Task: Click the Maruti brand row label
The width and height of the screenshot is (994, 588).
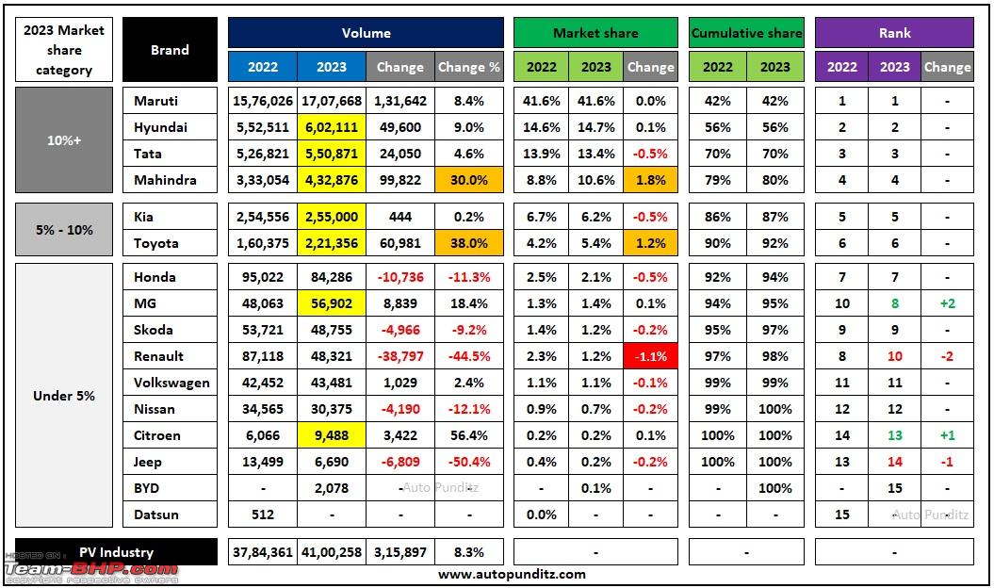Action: [156, 101]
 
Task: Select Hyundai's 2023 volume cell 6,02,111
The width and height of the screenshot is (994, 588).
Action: [332, 127]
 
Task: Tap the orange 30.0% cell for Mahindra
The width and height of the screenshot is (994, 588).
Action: [469, 180]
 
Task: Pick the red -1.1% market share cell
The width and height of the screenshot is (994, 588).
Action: [650, 356]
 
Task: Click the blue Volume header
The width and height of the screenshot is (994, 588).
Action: [366, 33]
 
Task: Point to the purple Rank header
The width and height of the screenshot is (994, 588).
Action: [894, 33]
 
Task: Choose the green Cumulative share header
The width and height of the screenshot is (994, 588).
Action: [746, 33]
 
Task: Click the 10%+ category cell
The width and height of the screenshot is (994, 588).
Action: [64, 140]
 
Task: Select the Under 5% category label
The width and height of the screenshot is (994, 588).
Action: [64, 396]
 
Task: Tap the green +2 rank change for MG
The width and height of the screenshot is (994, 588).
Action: [947, 303]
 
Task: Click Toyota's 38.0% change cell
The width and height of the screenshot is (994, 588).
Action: [469, 243]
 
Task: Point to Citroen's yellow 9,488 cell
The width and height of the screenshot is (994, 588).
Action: [332, 435]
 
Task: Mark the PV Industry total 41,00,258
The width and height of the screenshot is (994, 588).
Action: [332, 552]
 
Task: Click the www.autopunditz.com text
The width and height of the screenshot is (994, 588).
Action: [512, 574]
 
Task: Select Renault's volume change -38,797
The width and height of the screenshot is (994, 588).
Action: [400, 356]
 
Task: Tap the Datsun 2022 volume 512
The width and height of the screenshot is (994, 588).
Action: [263, 514]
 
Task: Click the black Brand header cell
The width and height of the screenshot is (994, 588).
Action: [170, 50]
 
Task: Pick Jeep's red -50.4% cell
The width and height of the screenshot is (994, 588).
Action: [469, 462]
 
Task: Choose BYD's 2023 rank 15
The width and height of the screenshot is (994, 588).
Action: [894, 488]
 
